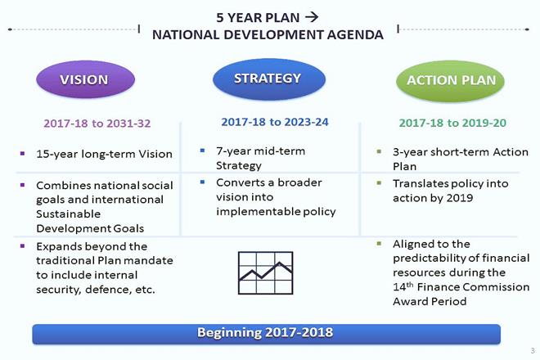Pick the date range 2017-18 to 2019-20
pyautogui.click(x=452, y=123)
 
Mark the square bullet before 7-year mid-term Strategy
pyautogui.click(x=202, y=151)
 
